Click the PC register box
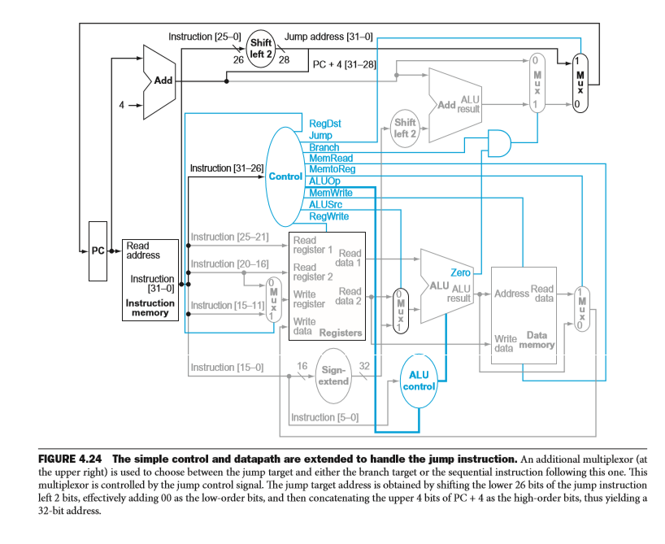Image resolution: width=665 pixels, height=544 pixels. pyautogui.click(x=98, y=250)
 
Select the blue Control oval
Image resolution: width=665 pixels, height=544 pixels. pyautogui.click(x=285, y=176)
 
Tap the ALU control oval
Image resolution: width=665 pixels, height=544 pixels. pyautogui.click(x=419, y=380)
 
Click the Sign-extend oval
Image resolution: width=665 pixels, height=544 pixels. pyautogui.click(x=332, y=375)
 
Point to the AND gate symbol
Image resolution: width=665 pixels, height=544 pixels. pyautogui.click(x=498, y=143)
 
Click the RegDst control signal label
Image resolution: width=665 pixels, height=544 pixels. pyautogui.click(x=325, y=124)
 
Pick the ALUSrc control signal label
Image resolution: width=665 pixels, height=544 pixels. pyautogui.click(x=325, y=205)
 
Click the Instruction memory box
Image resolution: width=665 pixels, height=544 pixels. pyautogui.click(x=150, y=278)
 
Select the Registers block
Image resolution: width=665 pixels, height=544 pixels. pyautogui.click(x=327, y=285)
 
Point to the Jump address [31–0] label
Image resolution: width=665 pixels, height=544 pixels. pyautogui.click(x=328, y=37)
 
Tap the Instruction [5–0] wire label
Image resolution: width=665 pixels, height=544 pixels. pyautogui.click(x=324, y=417)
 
